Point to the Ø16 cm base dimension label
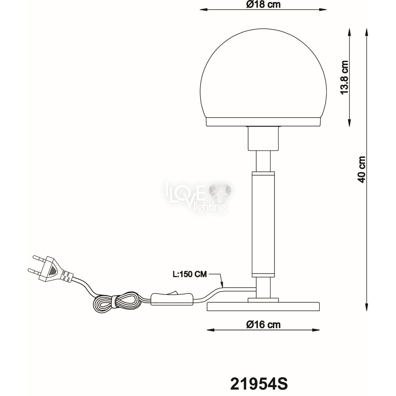pos(263,324)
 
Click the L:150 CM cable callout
pos(190,274)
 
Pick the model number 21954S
pos(259,383)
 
